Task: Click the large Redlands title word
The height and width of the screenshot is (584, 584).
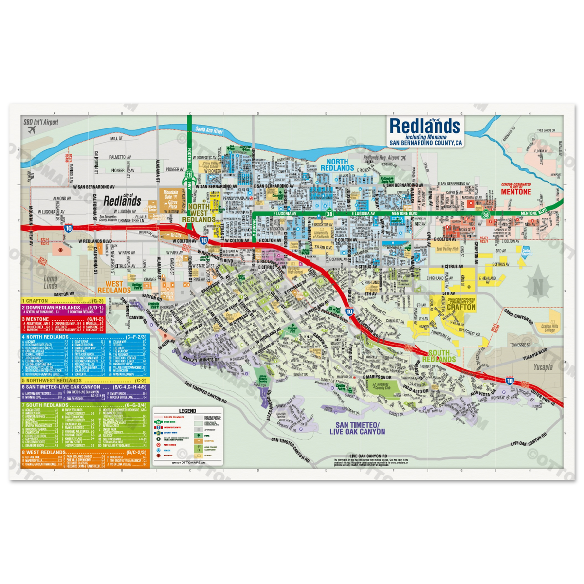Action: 424,126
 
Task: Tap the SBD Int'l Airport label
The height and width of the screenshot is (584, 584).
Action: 40,122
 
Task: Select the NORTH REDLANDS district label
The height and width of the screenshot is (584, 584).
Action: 340,164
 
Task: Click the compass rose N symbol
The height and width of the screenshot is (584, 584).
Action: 537,285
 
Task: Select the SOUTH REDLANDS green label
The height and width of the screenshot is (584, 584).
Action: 439,356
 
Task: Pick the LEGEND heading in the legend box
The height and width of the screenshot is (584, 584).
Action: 187,411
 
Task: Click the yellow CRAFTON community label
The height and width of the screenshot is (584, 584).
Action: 459,308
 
